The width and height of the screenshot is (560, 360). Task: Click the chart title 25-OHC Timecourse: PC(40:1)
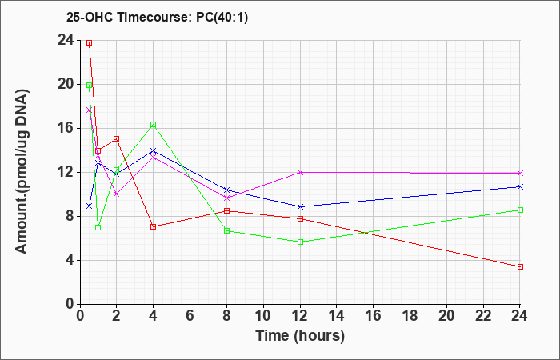pos(157,17)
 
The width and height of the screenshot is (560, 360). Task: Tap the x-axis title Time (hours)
pos(300,336)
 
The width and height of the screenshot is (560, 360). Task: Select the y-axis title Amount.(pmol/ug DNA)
pos(22,171)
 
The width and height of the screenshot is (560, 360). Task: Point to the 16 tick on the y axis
pos(66,128)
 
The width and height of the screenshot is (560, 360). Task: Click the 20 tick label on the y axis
pos(66,84)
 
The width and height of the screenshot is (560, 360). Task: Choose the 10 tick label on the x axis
pos(263,315)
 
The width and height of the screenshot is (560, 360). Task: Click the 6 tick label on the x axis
pos(190,315)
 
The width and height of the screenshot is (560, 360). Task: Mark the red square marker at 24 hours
pos(520,266)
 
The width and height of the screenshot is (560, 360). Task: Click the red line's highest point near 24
pos(90,43)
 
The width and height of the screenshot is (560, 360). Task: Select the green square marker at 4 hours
pos(154,124)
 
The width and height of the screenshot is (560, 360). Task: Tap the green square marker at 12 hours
pos(300,242)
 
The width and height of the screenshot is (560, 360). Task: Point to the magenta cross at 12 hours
pos(300,172)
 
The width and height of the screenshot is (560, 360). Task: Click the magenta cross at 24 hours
pos(520,173)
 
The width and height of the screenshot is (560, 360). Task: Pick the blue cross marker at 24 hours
pos(520,186)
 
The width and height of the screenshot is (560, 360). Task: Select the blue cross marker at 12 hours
pos(300,206)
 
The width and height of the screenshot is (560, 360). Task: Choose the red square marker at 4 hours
pos(154,226)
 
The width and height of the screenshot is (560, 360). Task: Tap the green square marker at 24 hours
pos(520,210)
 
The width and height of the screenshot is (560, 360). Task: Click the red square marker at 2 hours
pos(116,138)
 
